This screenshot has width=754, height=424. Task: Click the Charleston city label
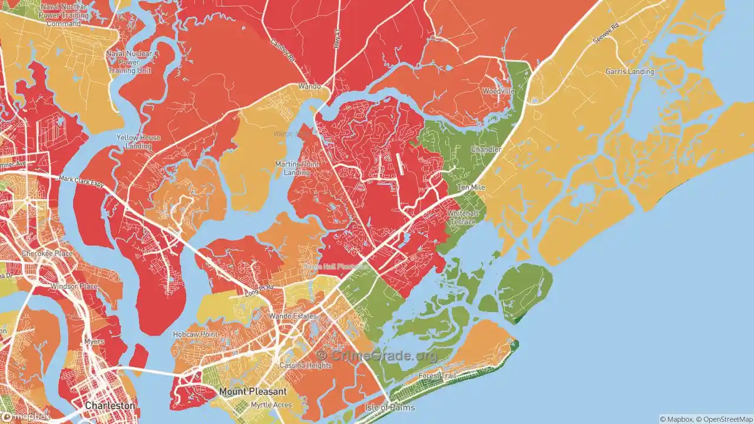(110, 406)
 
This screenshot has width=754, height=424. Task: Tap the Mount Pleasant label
(253, 392)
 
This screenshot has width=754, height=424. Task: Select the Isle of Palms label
(390, 408)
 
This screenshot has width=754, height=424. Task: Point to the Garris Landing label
(630, 72)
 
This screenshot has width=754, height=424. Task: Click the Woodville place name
(498, 91)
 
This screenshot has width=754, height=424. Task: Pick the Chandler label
(486, 150)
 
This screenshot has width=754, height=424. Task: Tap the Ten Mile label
(471, 187)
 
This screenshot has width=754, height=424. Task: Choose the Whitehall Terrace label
(463, 217)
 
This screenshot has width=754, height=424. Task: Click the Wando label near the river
(309, 87)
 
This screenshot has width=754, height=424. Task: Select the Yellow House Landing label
(138, 142)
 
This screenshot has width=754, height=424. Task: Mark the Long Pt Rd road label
(259, 289)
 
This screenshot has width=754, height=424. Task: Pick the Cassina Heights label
(306, 366)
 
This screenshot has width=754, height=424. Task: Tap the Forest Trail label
(438, 376)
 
